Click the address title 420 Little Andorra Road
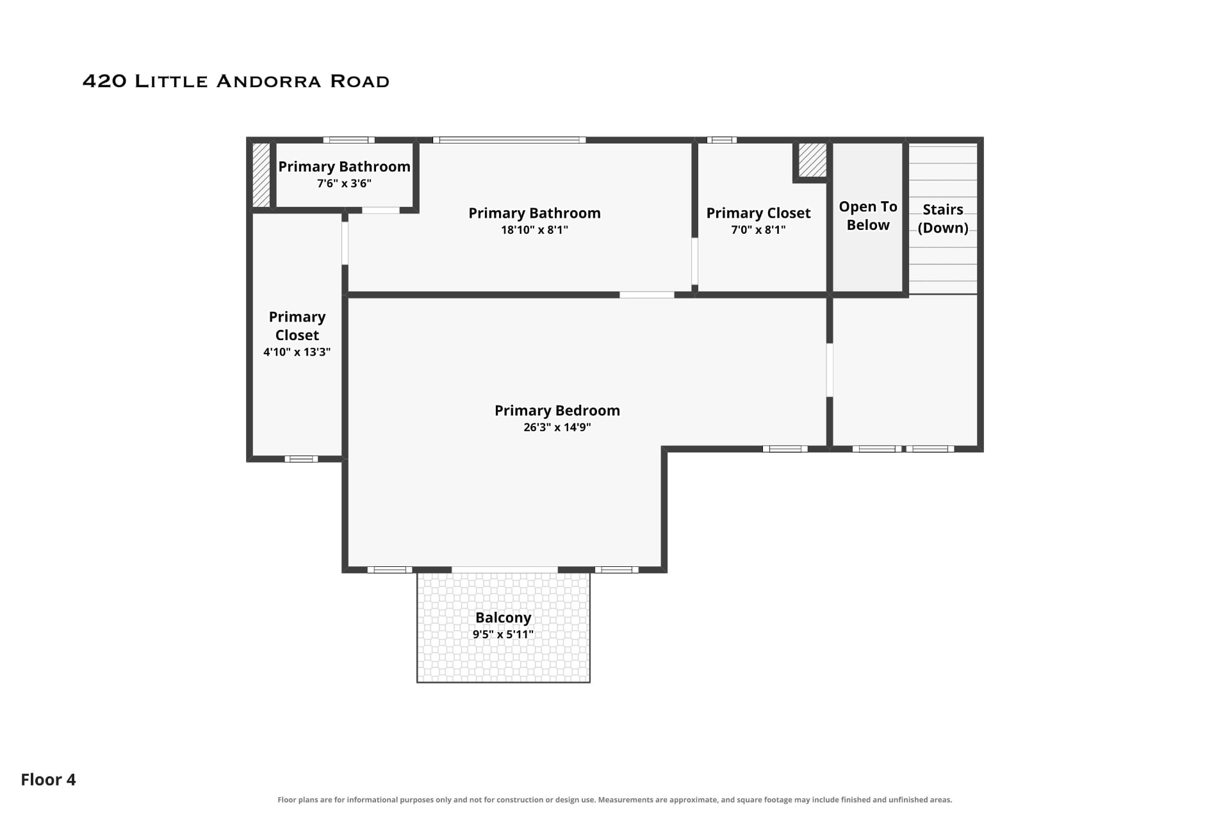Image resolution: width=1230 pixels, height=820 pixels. [x=236, y=81]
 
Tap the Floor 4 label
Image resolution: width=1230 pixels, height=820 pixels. [x=48, y=780]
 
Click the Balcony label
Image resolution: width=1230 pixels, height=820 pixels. [x=503, y=618]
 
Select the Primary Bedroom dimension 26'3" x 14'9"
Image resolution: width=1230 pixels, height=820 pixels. [x=557, y=427]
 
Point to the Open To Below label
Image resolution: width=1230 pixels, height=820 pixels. [x=868, y=216]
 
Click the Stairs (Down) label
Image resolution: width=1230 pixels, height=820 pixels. [x=943, y=218]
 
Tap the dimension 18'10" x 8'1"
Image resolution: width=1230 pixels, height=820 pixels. [x=534, y=230]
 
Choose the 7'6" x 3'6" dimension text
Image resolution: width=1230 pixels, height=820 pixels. [x=344, y=184]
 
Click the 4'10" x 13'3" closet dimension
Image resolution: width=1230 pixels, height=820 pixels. [x=297, y=352]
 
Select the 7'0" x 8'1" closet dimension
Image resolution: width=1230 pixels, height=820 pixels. [x=758, y=230]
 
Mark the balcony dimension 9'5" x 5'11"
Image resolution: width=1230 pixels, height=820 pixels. [x=503, y=635]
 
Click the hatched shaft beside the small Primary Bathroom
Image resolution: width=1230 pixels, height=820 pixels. [x=261, y=174]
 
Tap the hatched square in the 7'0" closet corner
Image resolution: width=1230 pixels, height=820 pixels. [x=812, y=160]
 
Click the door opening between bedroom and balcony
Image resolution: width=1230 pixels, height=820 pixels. [x=505, y=570]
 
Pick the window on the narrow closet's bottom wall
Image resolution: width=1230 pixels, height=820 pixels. [x=301, y=459]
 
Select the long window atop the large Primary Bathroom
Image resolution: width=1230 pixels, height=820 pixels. [x=509, y=140]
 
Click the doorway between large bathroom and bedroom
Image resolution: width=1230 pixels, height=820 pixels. [x=646, y=295]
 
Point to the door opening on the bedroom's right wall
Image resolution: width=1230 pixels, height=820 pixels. [x=830, y=370]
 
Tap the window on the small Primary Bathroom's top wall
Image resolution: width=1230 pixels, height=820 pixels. [x=348, y=140]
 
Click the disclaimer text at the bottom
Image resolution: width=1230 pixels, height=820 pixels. [x=615, y=799]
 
